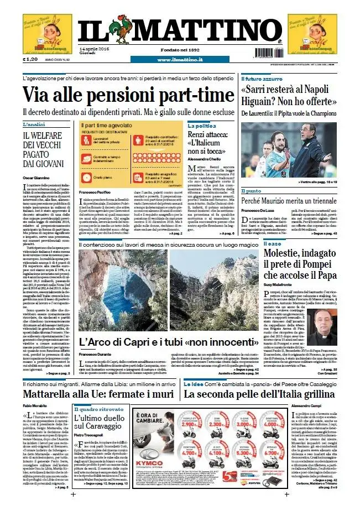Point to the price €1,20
[x=30, y=59]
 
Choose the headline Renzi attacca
[x=208, y=134]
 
